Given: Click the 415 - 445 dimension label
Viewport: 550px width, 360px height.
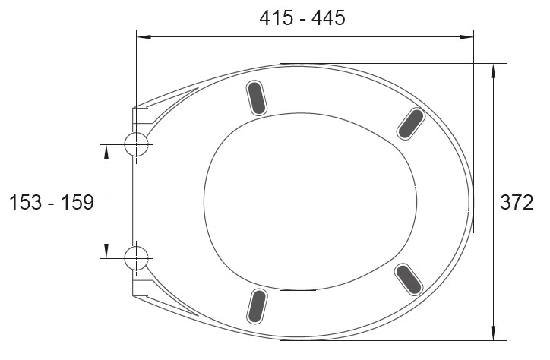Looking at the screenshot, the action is click(x=302, y=18).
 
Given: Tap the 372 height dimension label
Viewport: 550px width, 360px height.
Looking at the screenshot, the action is click(x=517, y=202).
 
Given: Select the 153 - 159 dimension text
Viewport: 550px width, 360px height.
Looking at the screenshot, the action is click(x=52, y=202).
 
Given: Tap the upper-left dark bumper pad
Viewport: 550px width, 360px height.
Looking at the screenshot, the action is click(x=257, y=98).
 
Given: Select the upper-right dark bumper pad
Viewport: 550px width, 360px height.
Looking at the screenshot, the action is click(x=411, y=124).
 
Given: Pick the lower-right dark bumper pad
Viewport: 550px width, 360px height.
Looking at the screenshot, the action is click(x=408, y=279).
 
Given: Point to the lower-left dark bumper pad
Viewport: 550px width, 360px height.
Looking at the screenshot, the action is click(x=257, y=306).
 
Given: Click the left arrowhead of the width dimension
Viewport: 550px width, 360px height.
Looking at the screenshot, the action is click(x=144, y=36).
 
